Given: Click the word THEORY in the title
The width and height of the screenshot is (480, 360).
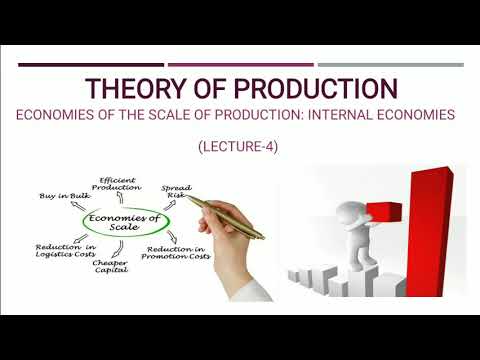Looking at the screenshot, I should pyautogui.click(x=133, y=88).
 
